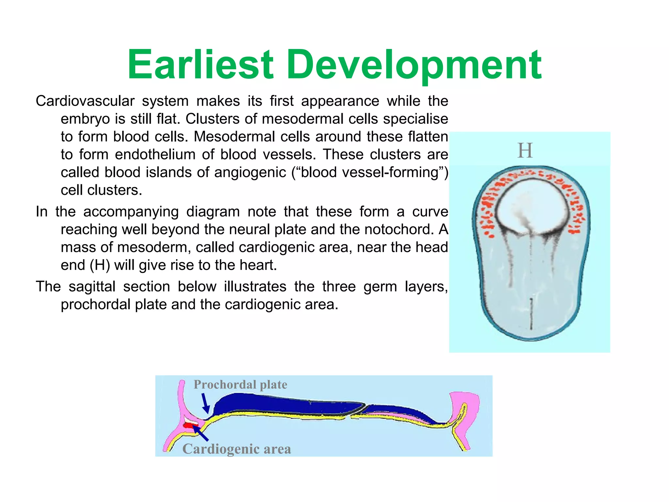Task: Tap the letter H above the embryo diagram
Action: [x=525, y=151]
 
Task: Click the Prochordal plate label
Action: [x=240, y=385]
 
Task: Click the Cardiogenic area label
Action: [x=237, y=449]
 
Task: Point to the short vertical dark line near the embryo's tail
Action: [x=531, y=313]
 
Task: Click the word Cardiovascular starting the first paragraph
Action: [x=85, y=101]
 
